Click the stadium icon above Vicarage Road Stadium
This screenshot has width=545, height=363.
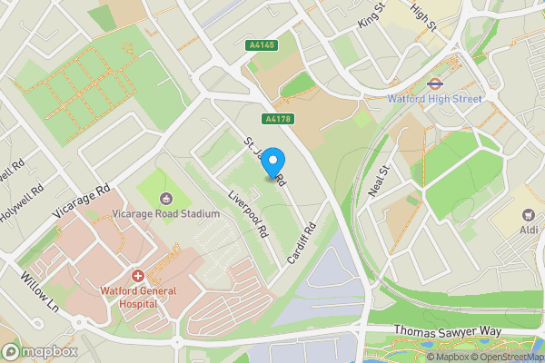coord(166,199)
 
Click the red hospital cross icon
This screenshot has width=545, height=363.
coord(138,275)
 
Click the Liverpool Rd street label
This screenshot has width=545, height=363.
coord(248,214)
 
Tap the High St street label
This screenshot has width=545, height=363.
coord(423,15)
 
